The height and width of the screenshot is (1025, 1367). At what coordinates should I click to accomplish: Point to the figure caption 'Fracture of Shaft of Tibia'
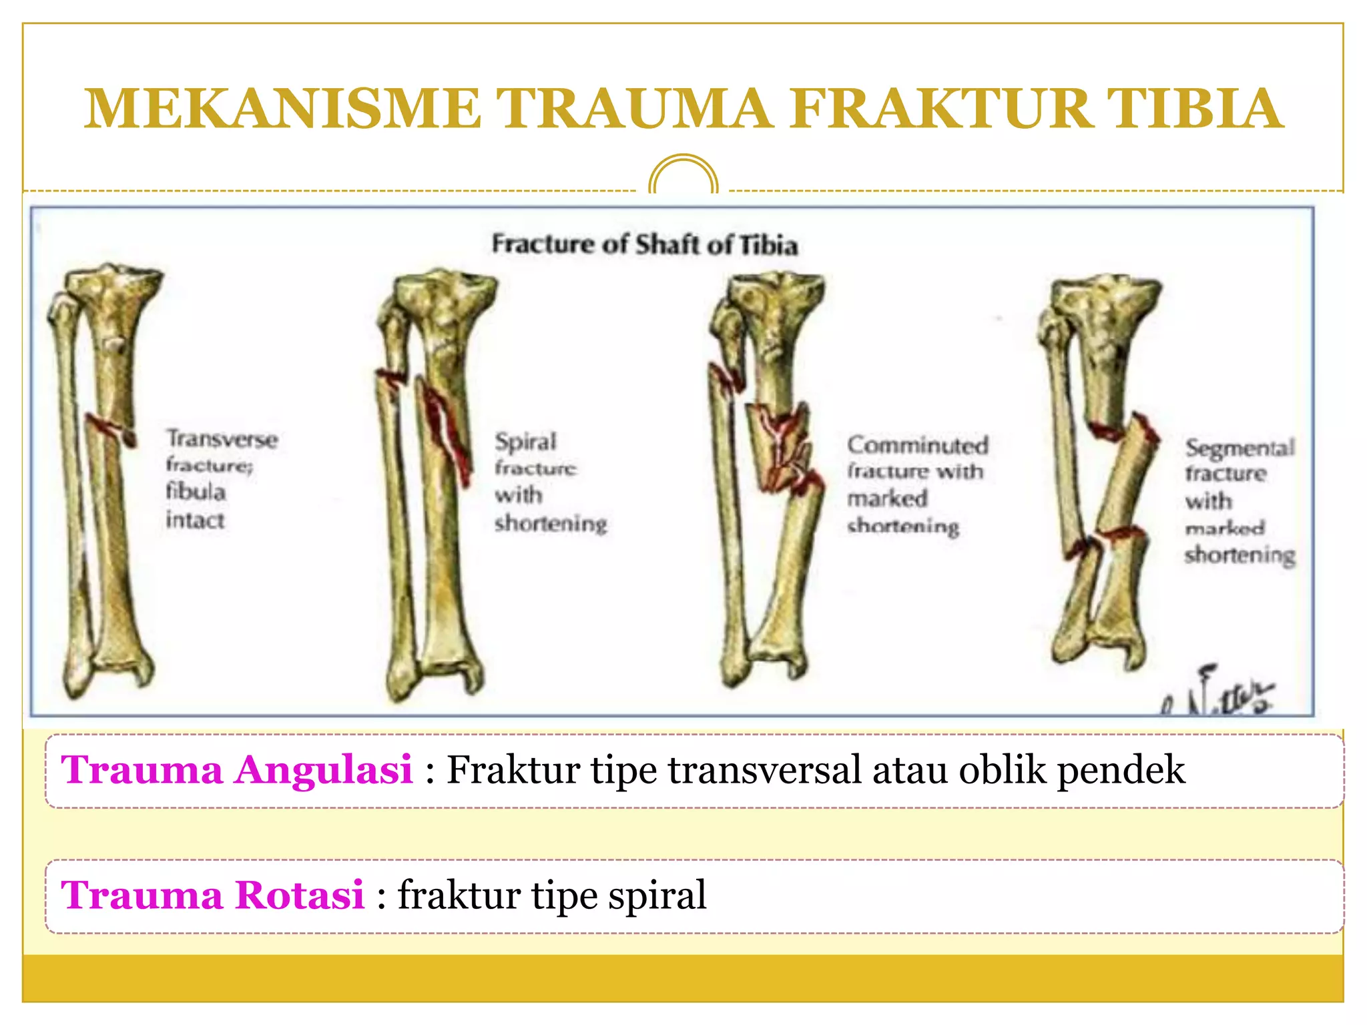pos(645,244)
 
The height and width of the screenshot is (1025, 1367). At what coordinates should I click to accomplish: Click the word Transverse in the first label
pos(222,439)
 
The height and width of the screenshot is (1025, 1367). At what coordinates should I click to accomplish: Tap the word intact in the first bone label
pos(195,520)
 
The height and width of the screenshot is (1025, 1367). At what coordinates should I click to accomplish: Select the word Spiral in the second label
pos(525,441)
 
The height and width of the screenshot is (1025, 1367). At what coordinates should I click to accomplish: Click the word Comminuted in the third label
pos(918,445)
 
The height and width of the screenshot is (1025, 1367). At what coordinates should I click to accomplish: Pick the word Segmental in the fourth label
pos(1240,447)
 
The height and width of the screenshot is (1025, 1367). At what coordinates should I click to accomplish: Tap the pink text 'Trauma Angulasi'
pos(237,769)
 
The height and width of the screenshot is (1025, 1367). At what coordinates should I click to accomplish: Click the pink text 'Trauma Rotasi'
pos(212,895)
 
